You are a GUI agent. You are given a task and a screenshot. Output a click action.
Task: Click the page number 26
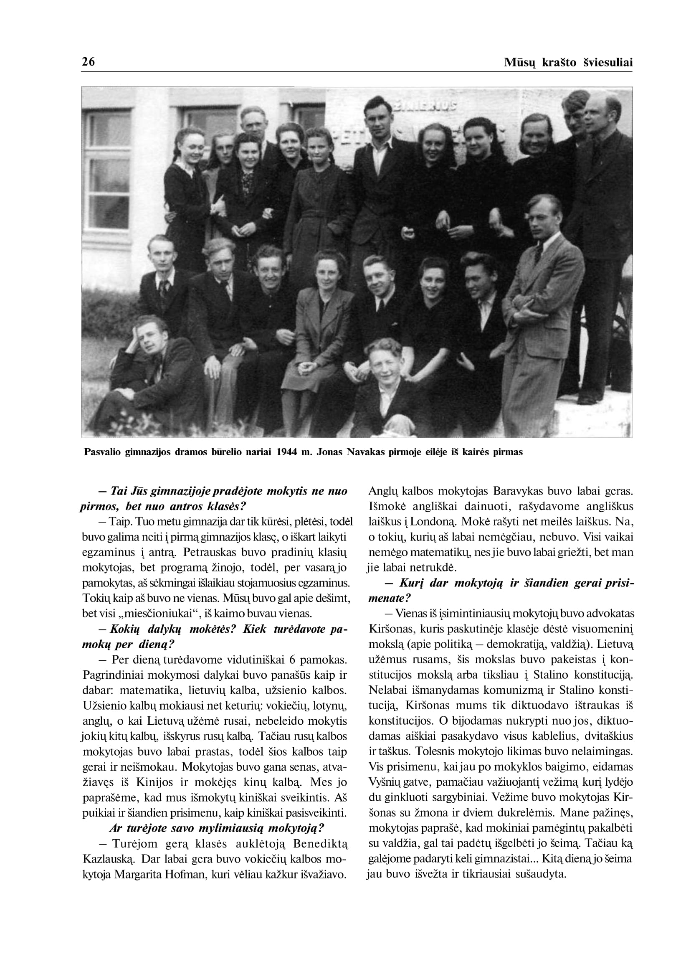[88, 62]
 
